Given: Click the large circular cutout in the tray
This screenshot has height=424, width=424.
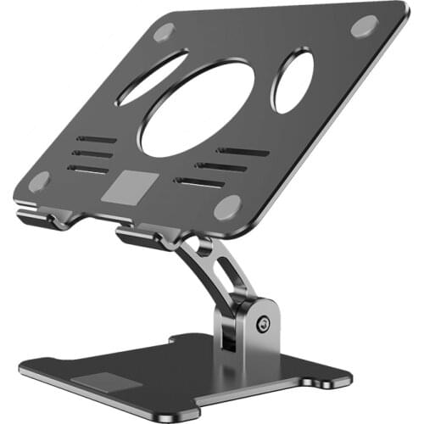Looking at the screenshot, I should click(197, 108).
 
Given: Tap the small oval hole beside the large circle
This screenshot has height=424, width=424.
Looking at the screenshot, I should click(293, 81).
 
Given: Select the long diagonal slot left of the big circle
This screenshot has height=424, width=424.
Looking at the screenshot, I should click(153, 78).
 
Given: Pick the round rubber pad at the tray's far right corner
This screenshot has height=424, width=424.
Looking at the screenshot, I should click(365, 25).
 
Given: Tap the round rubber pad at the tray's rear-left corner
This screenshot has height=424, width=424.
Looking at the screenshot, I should click(164, 32).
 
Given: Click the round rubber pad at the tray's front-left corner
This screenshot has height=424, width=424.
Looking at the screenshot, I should click(39, 181).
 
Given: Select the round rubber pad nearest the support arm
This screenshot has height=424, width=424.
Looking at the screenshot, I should click(226, 206).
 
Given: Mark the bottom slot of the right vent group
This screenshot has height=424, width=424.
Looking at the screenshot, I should click(201, 181).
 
